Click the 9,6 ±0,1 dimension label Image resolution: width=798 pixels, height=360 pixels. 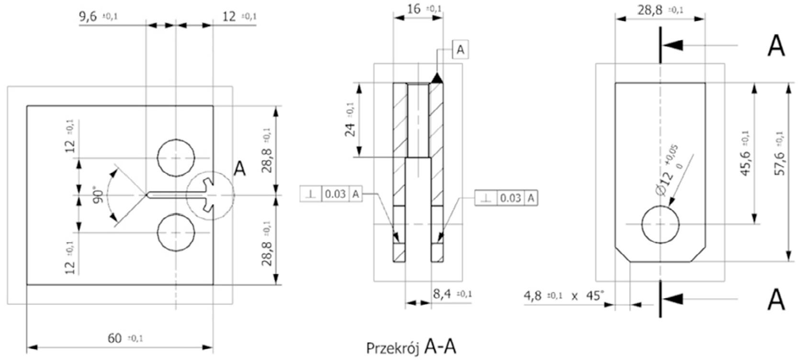[x=98, y=17]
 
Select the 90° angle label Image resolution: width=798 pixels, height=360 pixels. [x=99, y=195]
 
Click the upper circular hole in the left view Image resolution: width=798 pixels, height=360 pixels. [x=176, y=158]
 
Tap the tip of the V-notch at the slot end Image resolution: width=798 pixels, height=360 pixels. [x=146, y=195]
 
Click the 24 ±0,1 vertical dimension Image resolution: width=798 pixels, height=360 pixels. [x=351, y=120]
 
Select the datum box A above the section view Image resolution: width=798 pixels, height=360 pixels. [x=461, y=49]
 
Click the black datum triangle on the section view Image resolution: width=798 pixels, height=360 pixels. [x=436, y=78]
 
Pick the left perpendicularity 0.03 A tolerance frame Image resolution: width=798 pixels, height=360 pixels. [x=331, y=194]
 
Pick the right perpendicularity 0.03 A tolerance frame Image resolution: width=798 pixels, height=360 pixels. [x=506, y=198]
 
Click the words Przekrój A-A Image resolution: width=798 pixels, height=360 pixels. [x=411, y=347]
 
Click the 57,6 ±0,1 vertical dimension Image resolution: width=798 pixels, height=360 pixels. [x=779, y=153]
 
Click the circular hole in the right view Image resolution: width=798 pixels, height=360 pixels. [x=660, y=224]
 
